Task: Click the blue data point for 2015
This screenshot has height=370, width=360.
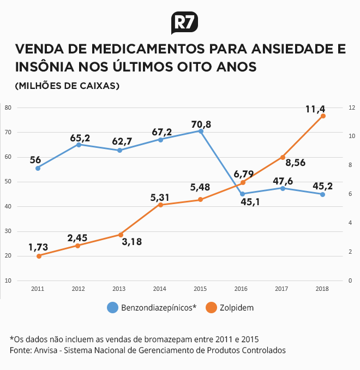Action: (x=201, y=131)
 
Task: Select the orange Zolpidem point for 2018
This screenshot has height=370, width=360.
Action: (x=323, y=116)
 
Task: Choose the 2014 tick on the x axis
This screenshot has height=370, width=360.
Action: (x=160, y=289)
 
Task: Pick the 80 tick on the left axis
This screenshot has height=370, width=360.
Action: (x=8, y=108)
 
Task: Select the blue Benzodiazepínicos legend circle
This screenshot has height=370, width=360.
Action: (x=112, y=307)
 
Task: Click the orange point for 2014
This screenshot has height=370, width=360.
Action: (x=160, y=205)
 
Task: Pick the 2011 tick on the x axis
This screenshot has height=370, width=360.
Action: (x=38, y=289)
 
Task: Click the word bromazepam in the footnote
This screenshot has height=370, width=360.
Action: (x=169, y=339)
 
